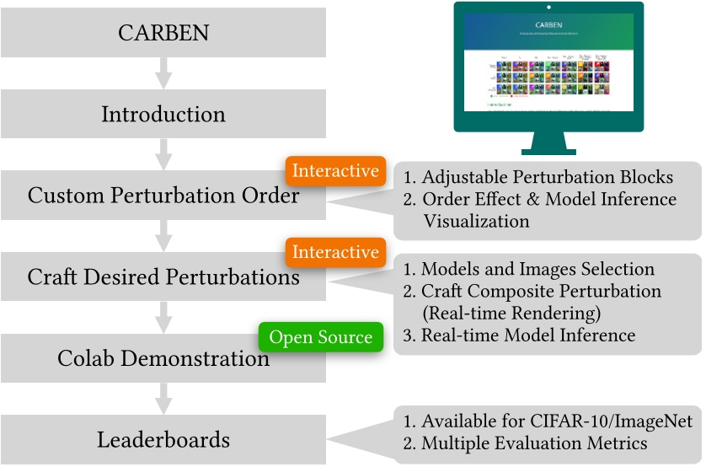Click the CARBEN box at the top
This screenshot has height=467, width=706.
[163, 34]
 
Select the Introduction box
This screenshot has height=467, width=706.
[163, 114]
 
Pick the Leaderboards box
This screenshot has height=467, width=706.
[163, 438]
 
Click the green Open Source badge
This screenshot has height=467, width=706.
[320, 338]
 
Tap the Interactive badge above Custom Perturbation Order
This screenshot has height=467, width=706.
[335, 171]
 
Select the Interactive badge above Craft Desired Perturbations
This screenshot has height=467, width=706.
[335, 252]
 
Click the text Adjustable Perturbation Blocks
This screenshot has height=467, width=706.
[547, 178]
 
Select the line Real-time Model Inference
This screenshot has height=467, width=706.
[528, 335]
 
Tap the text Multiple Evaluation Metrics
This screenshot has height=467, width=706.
[534, 443]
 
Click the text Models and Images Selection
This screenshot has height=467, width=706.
[538, 270]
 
